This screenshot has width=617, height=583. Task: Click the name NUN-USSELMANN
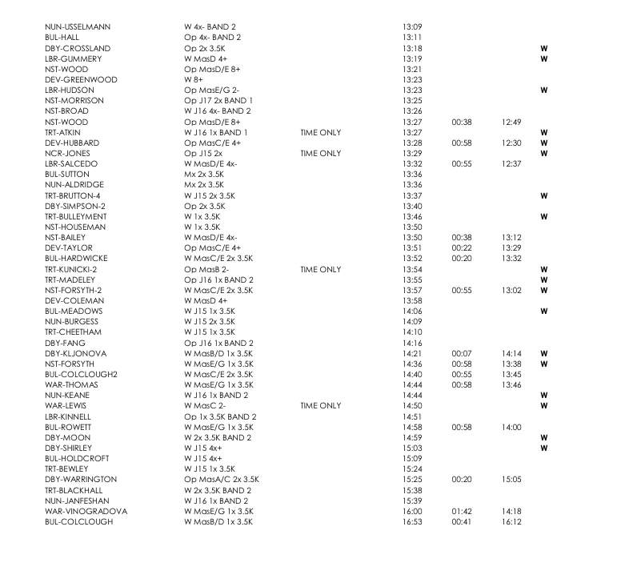tap(78, 27)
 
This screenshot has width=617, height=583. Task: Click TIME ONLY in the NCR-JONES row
tap(320, 153)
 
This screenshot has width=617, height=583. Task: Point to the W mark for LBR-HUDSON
tap(544, 90)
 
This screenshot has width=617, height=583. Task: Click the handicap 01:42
tap(462, 511)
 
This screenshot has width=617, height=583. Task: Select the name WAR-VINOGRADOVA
tap(86, 511)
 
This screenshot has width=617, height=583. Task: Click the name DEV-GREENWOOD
tap(82, 80)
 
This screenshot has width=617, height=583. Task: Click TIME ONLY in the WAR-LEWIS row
tap(320, 406)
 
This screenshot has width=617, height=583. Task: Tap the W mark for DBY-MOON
tap(544, 438)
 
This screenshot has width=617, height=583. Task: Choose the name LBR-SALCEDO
tap(75, 164)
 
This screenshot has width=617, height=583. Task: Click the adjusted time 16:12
tap(512, 522)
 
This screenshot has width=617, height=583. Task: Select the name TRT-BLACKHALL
tap(78, 490)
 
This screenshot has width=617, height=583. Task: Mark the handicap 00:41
tap(462, 522)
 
